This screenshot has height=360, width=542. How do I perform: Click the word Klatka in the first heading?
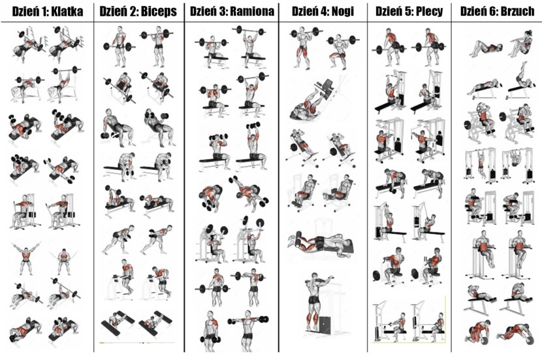tap(67, 11)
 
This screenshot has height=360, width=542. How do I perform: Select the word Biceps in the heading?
tap(159, 11)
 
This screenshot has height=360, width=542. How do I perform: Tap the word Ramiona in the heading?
tap(252, 11)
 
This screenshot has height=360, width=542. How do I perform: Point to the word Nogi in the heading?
tap(343, 11)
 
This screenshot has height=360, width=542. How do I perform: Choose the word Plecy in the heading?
tap(429, 11)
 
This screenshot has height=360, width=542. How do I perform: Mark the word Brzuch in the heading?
tap(517, 11)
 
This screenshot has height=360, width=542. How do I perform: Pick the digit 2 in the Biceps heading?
tap(134, 11)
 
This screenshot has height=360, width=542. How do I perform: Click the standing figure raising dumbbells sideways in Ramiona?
tap(248, 327)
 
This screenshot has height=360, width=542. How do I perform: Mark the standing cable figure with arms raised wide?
tap(26, 257)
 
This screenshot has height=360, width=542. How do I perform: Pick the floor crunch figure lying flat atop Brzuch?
tap(485, 48)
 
